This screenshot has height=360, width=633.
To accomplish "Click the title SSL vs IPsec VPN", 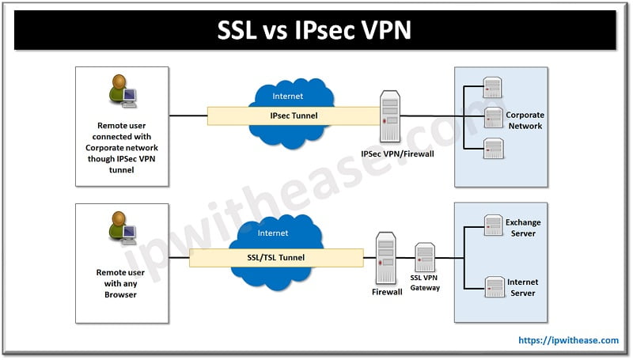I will click(316, 31).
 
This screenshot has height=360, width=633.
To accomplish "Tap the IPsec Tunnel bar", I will click(293, 116).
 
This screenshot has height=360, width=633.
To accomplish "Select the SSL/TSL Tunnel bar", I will click(276, 257).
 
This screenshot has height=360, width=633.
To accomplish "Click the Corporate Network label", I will click(525, 120).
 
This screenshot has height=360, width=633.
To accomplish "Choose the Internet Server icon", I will click(494, 286).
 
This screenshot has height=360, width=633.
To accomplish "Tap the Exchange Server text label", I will click(523, 228).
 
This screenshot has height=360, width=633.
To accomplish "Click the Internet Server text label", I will click(523, 287).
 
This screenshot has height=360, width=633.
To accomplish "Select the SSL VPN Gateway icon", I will click(425, 258).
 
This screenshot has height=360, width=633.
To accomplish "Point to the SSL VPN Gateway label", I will click(425, 283).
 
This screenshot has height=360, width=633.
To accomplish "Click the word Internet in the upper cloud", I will click(287, 97).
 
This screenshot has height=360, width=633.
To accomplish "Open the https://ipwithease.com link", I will click(568, 340).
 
